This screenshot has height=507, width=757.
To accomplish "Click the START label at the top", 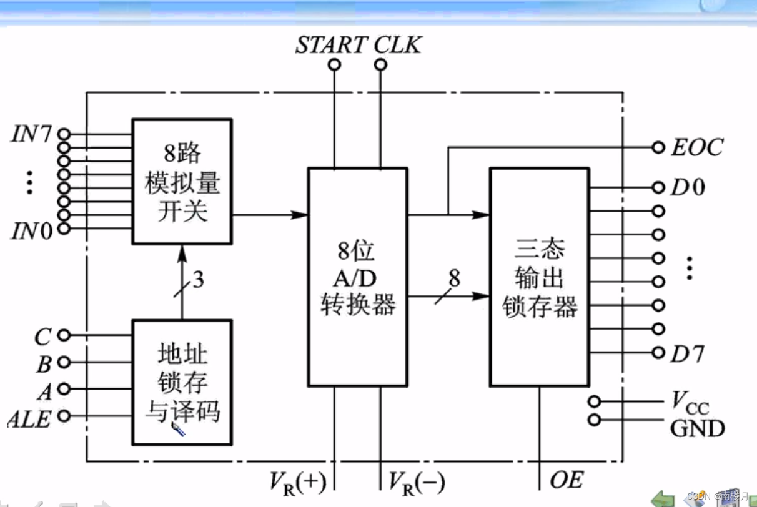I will [331, 45].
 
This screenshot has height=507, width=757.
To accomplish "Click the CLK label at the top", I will [398, 45].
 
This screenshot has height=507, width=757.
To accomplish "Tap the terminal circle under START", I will [335, 64].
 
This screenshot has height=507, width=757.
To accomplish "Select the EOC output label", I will [696, 147].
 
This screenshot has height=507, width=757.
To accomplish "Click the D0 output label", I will [687, 187].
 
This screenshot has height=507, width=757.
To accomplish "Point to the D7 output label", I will [687, 354].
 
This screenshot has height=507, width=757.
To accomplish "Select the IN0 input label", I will [31, 231].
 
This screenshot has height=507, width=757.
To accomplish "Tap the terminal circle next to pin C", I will [63, 336].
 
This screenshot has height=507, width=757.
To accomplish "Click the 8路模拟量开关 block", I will [182, 182].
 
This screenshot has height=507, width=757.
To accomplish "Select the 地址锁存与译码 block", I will [182, 382].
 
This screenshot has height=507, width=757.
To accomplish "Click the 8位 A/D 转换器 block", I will [358, 277].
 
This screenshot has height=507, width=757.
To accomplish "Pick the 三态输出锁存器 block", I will [539, 277].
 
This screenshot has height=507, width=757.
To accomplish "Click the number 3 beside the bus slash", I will [198, 280].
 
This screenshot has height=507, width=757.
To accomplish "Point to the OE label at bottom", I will [566, 480].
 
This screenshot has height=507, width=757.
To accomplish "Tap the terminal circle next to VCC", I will [594, 401].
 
